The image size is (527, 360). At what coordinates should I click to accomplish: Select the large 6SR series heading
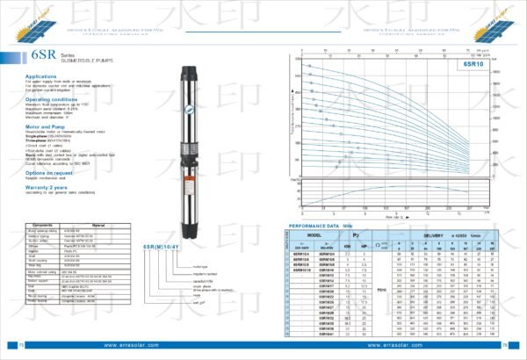(x=20, y=56)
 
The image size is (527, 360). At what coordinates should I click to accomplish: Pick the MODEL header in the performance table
(x=314, y=234)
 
